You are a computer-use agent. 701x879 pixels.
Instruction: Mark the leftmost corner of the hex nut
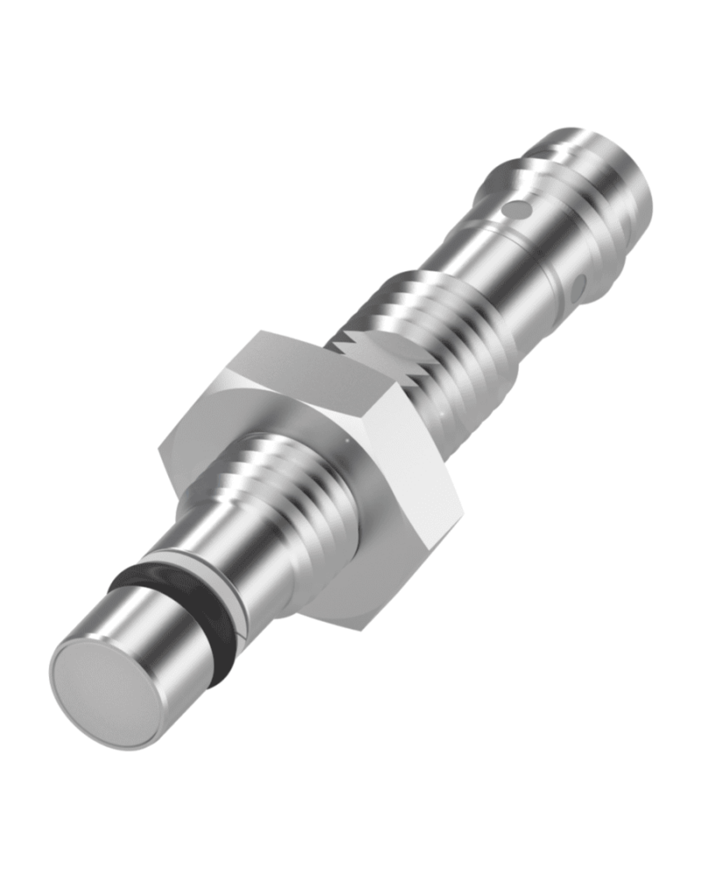click(159, 452)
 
